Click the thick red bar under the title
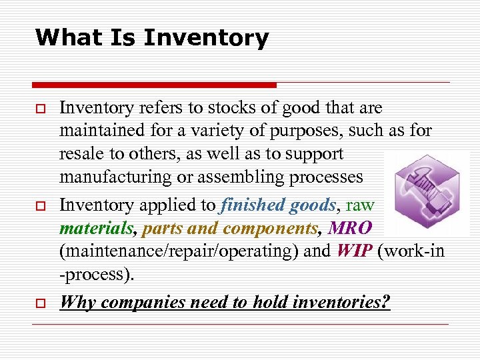(154, 85)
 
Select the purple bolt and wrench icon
(427, 193)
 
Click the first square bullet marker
(40, 108)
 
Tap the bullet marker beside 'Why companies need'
(40, 302)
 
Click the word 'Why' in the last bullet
(77, 302)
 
